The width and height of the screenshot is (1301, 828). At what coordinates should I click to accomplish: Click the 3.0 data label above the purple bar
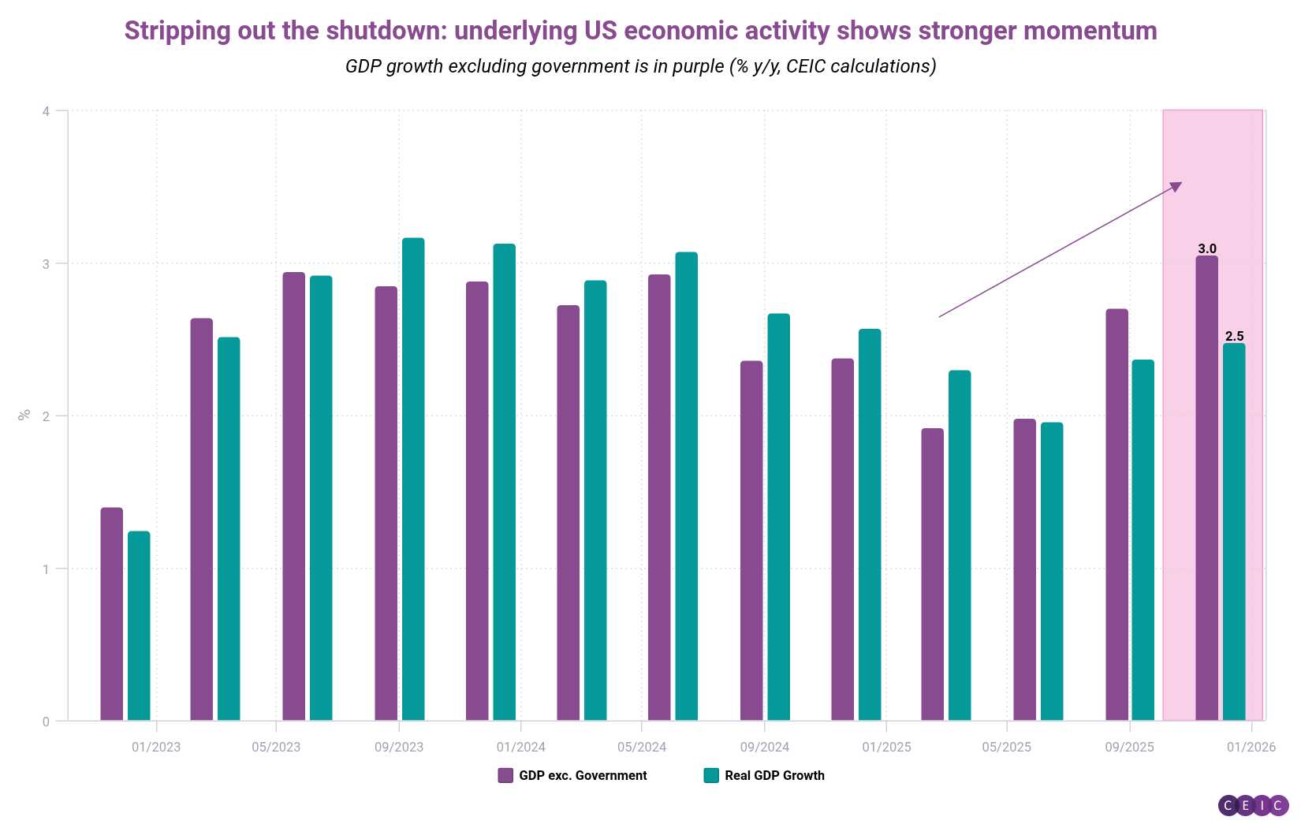1207,249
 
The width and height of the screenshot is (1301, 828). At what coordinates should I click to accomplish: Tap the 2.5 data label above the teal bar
1234,337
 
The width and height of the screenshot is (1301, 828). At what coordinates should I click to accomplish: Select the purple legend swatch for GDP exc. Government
505,775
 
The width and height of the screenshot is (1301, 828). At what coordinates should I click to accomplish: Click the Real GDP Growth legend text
774,775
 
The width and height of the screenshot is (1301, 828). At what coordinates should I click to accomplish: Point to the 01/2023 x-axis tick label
156,747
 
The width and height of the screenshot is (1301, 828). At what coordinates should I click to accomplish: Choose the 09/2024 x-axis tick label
764,747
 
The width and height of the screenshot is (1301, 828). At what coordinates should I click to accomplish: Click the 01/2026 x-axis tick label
1251,747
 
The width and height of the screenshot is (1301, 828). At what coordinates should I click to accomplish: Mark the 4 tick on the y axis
47,111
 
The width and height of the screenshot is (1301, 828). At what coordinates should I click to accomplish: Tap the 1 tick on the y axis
47,569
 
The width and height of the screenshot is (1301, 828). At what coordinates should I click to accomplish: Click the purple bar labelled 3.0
1206,489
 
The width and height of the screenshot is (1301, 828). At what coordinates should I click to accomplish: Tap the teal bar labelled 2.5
1234,532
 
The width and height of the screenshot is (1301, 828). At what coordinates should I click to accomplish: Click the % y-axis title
24,414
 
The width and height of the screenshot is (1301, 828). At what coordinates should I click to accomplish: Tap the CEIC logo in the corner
1253,805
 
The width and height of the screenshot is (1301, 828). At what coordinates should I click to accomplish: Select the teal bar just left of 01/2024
505,482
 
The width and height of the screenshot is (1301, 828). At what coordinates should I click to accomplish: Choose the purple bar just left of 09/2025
1116,514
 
